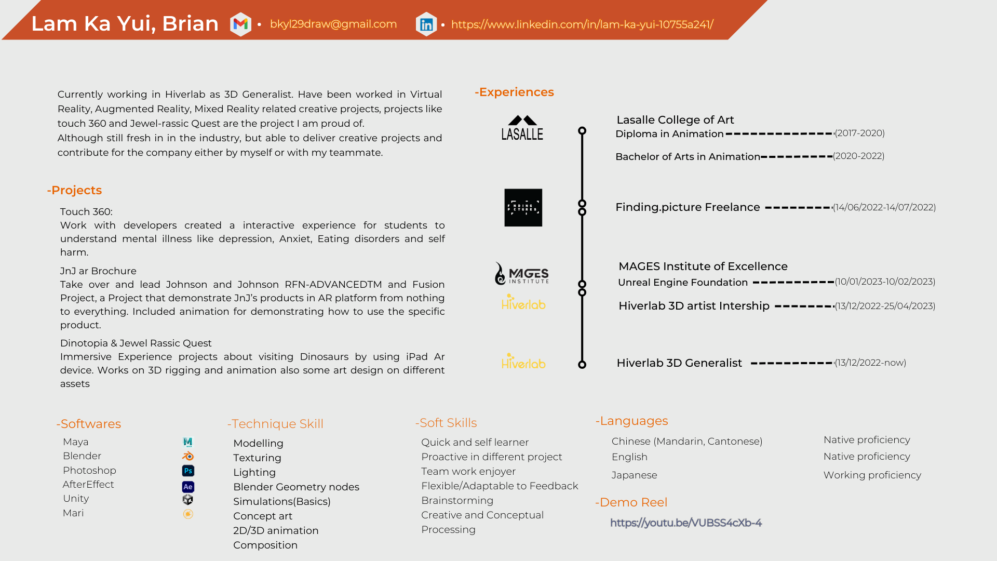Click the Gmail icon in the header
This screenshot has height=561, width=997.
[x=240, y=24]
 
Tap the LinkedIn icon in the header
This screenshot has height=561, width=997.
[x=426, y=24]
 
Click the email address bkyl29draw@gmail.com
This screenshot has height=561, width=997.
[x=333, y=24]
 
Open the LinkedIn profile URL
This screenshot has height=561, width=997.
[x=582, y=24]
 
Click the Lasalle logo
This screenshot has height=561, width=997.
[x=522, y=128]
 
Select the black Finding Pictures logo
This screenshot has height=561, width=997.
[x=523, y=208]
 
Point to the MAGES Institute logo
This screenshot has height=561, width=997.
[x=522, y=274]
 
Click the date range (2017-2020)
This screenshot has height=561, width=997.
[x=859, y=133]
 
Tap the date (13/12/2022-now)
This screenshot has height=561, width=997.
[x=870, y=363]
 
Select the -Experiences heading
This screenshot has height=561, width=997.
[x=514, y=92]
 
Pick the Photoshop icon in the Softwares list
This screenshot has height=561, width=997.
[x=188, y=471]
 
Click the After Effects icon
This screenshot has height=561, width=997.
[x=188, y=487]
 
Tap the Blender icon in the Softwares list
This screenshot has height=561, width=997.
[x=188, y=456]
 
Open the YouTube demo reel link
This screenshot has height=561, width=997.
[x=686, y=523]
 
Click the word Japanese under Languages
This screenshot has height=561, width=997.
[x=634, y=475]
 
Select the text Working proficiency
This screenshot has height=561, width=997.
[x=872, y=475]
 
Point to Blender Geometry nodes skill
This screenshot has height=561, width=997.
[x=296, y=487]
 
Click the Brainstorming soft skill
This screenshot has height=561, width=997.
[x=457, y=500]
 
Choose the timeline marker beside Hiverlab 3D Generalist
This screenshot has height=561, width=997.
[x=582, y=365]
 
